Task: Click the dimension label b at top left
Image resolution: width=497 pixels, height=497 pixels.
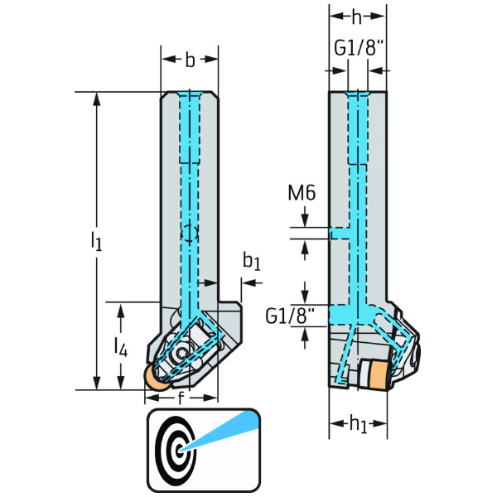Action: (x=190, y=60)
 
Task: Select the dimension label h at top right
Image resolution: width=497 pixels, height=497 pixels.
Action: (x=357, y=17)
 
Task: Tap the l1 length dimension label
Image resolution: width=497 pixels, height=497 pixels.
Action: (x=96, y=241)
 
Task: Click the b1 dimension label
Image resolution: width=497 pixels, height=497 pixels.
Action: (x=251, y=263)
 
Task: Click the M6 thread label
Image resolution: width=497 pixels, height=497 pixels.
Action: (x=302, y=194)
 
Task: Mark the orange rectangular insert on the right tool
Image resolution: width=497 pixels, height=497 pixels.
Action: (x=375, y=376)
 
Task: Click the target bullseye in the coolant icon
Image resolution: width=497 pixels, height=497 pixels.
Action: (x=177, y=448)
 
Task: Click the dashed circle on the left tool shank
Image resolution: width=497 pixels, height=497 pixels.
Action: (x=190, y=234)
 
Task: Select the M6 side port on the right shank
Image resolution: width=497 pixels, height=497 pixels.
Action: (x=340, y=233)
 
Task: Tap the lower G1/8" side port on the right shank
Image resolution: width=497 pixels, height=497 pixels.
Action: (x=340, y=315)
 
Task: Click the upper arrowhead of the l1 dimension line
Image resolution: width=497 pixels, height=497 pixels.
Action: (x=97, y=96)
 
